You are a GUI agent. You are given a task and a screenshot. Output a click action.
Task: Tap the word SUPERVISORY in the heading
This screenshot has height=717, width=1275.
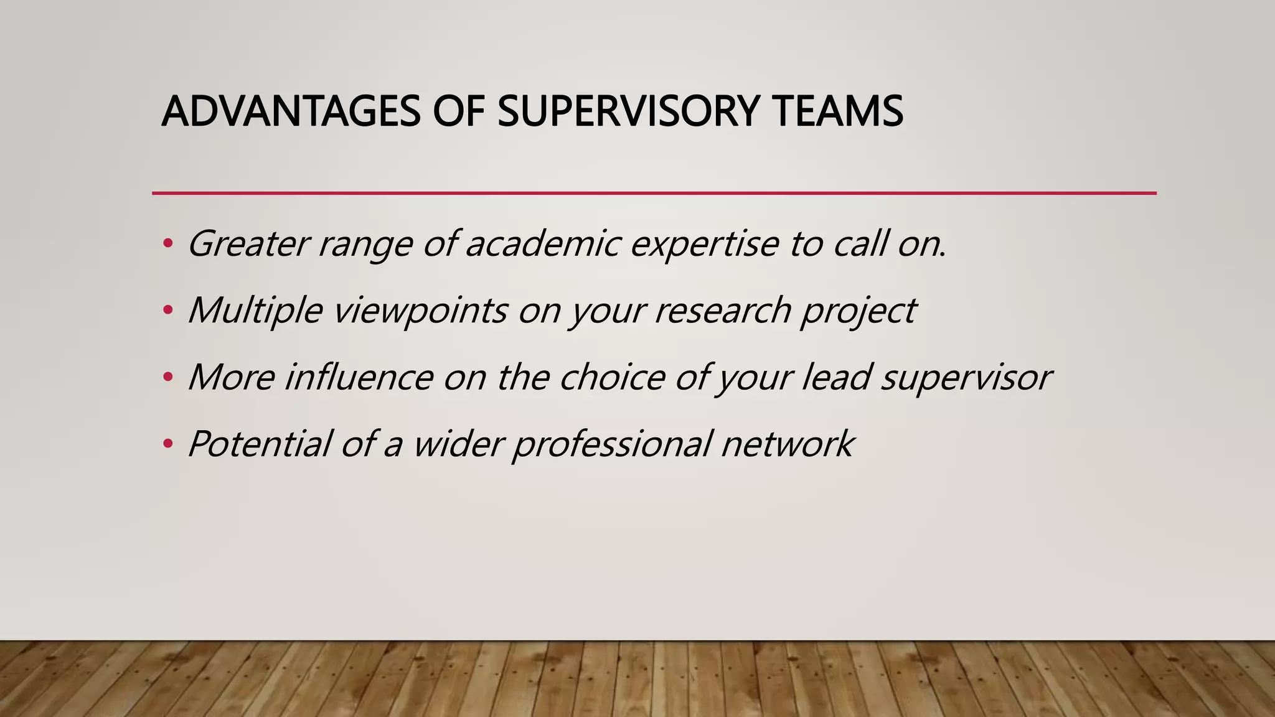628,111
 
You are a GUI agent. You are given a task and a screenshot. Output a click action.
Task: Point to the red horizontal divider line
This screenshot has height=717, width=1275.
654,193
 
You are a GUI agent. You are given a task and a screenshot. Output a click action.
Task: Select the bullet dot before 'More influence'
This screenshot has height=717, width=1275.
167,377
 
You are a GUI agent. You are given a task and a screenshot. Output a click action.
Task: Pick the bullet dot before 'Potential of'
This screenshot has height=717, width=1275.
167,444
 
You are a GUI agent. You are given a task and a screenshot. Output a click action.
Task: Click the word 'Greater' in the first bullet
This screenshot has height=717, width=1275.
248,243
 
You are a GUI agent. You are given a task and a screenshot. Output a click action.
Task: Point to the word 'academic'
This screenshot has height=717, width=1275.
542,243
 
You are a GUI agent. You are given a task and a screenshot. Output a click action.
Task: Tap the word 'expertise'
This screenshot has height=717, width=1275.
704,245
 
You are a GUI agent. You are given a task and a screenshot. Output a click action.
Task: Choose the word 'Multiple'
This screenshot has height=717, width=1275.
255,310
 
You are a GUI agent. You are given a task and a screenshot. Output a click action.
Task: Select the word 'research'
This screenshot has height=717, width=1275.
722,310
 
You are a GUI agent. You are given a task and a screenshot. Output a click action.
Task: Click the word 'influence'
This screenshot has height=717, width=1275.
359,377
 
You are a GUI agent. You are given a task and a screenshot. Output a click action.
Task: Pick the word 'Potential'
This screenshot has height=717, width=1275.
259,444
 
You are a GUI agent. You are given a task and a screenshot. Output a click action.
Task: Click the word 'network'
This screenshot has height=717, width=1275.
788,444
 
